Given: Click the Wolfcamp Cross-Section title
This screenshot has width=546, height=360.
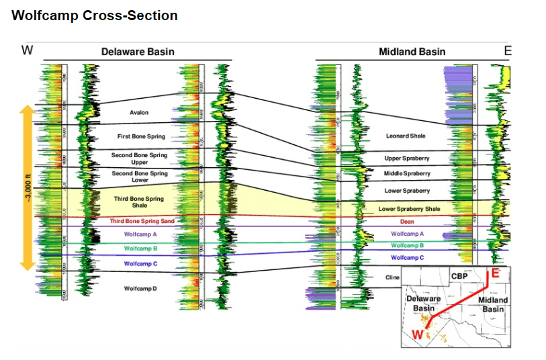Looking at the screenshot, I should point(95,15).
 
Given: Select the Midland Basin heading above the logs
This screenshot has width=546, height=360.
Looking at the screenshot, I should point(412,52).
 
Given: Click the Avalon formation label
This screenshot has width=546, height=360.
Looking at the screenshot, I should point(139,112).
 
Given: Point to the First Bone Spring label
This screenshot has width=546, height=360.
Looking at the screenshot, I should point(141,136).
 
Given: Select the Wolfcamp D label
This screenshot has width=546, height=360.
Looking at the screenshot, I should point(140,288).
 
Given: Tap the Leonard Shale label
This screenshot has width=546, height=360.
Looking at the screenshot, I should point(406,136).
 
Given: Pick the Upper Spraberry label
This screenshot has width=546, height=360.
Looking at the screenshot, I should point(407,159).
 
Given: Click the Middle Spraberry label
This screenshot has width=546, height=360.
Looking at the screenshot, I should point(407,173).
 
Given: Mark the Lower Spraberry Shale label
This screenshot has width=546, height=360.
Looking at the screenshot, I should point(409,209).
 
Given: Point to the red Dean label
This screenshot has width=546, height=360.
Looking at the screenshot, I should point(407,222).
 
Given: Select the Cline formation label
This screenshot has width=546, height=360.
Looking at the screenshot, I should point(392,277).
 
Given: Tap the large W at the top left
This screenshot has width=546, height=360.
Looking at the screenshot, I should point(28,50).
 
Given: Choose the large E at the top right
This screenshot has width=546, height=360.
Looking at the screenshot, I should point(508,50).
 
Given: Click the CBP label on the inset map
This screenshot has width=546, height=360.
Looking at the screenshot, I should point(459,275).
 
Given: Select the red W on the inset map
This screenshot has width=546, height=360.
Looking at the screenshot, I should point(418,334).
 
